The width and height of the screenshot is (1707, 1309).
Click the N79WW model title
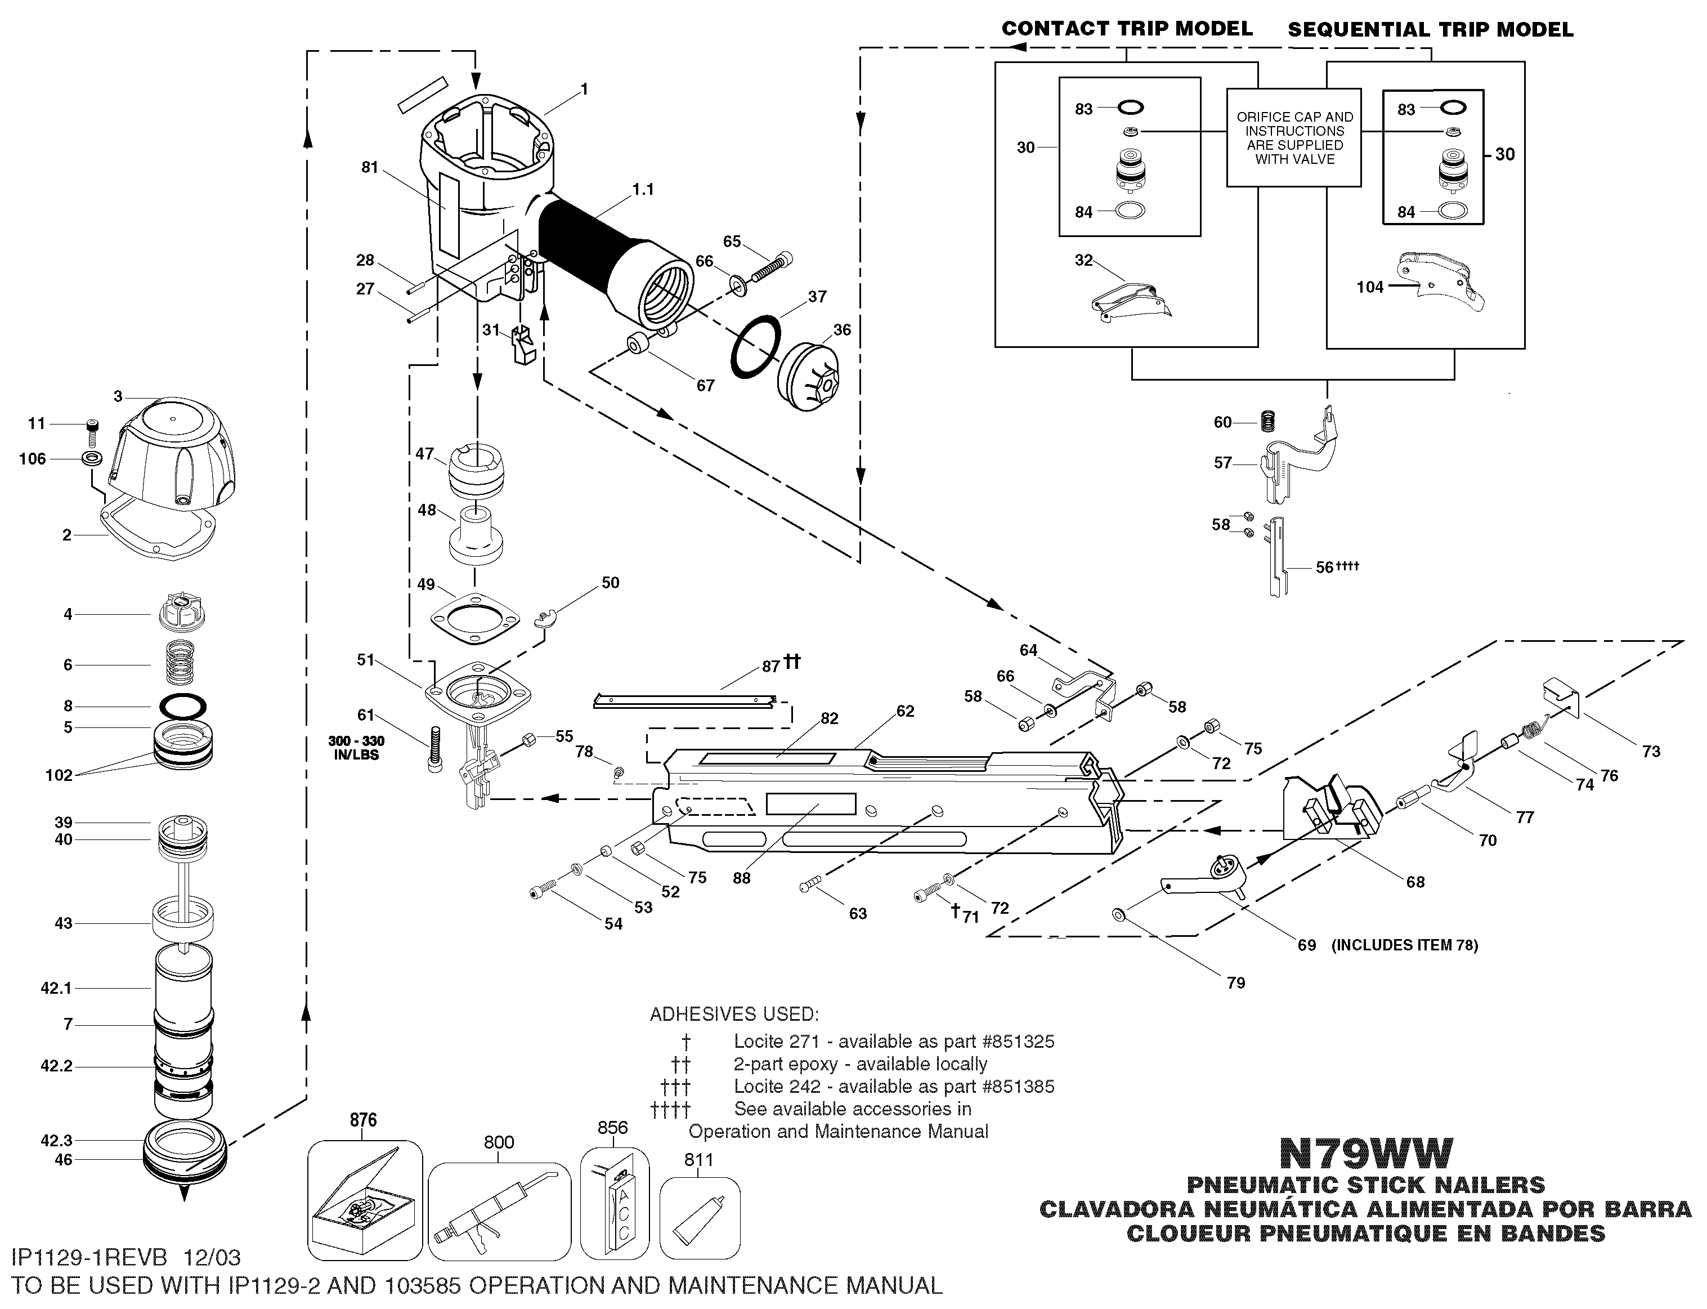pyautogui.click(x=1366, y=1151)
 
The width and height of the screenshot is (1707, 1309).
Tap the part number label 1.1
pyautogui.click(x=643, y=189)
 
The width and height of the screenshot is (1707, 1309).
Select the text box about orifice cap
pyautogui.click(x=1294, y=138)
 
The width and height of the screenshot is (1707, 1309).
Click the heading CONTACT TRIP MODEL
pyautogui.click(x=1127, y=29)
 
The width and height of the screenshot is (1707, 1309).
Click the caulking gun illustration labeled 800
pyautogui.click(x=499, y=1210)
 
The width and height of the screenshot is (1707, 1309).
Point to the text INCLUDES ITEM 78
pyautogui.click(x=1404, y=945)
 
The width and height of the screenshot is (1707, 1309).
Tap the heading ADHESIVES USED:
pyautogui.click(x=733, y=1015)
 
